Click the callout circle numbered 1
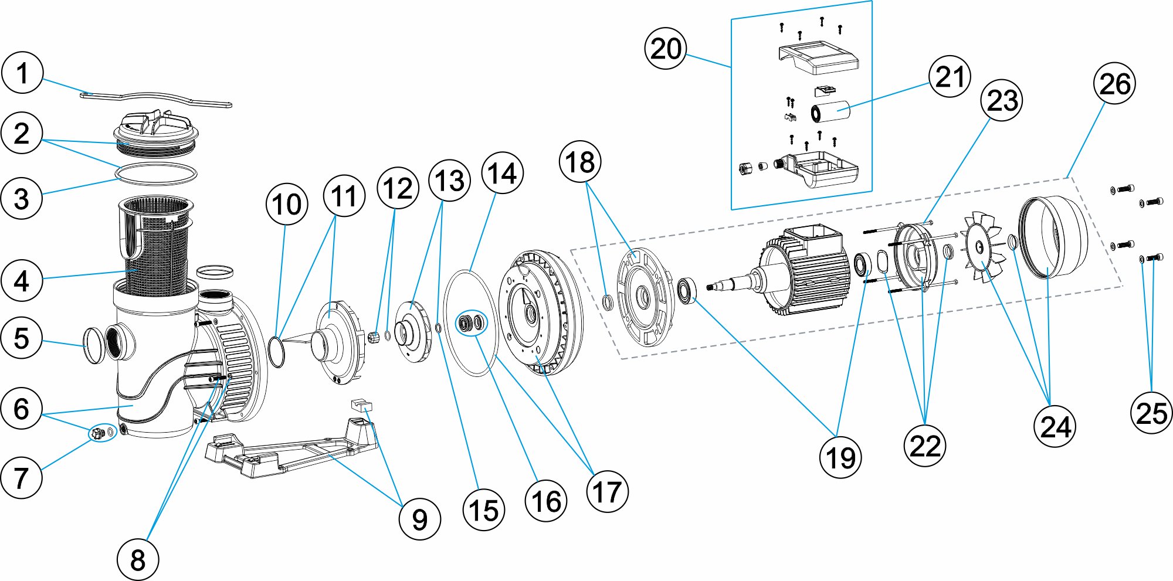click(x=22, y=73)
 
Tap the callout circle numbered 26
click(x=1114, y=84)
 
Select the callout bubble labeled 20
click(x=666, y=49)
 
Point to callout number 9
click(x=419, y=519)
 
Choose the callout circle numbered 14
click(x=502, y=174)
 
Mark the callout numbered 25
click(x=1151, y=413)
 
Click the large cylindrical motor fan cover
click(x=1053, y=237)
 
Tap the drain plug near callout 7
click(x=97, y=433)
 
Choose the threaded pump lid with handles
click(x=155, y=132)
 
